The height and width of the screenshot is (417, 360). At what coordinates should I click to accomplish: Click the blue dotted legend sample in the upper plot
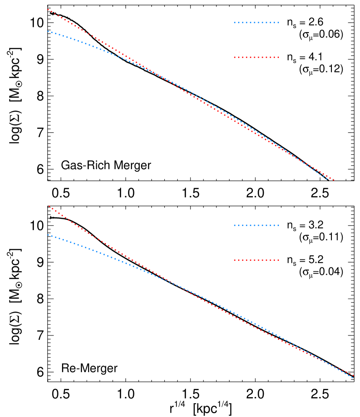tap(256, 23)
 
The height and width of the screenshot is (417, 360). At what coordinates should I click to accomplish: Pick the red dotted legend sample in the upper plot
tap(256, 57)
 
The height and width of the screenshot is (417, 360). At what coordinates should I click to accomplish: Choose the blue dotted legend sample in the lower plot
tap(256, 225)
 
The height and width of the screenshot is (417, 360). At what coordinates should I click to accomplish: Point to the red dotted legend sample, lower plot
tap(256, 260)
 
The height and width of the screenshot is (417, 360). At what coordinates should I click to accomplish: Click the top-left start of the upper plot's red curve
tap(48, 9)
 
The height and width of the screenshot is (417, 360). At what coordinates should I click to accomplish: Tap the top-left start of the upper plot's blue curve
tap(48, 31)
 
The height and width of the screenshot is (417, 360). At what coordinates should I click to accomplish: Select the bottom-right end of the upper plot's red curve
tap(334, 180)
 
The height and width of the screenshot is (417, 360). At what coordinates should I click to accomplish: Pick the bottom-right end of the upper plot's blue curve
tap(327, 178)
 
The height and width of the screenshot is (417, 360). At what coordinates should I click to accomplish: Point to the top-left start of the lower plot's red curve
tap(49, 206)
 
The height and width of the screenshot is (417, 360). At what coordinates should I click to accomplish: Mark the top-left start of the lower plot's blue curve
tap(48, 235)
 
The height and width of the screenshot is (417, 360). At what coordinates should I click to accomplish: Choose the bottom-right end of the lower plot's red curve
tap(353, 375)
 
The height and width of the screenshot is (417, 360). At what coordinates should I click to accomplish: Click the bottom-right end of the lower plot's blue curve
tap(353, 378)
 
